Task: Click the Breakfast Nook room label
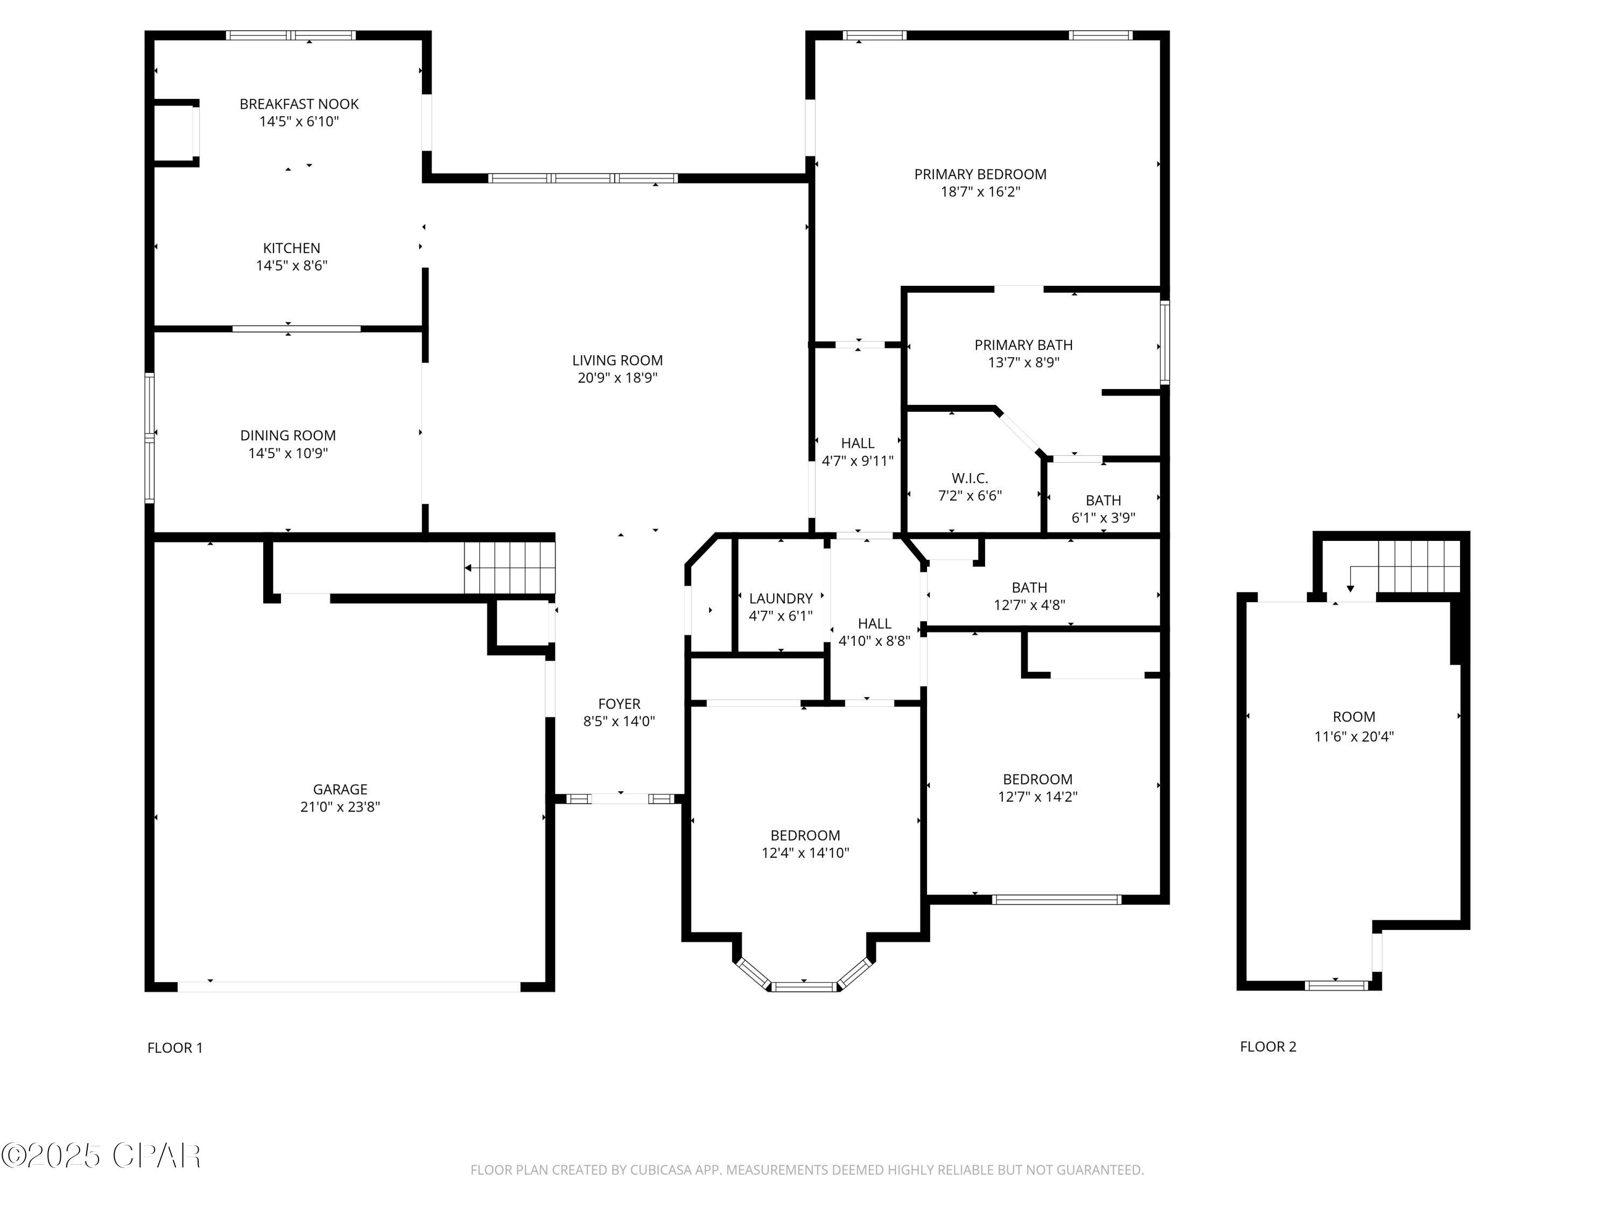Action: point(299,104)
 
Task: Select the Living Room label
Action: point(617,361)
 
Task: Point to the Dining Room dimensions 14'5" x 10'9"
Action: point(287,453)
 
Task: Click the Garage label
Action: point(340,789)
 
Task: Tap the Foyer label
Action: point(619,703)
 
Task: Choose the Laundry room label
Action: point(781,599)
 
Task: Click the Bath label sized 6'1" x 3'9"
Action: point(1103,501)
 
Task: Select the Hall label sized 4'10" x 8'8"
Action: point(874,623)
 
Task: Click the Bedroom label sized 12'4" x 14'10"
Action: point(805,835)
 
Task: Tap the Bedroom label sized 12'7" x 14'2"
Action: point(1037,779)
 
